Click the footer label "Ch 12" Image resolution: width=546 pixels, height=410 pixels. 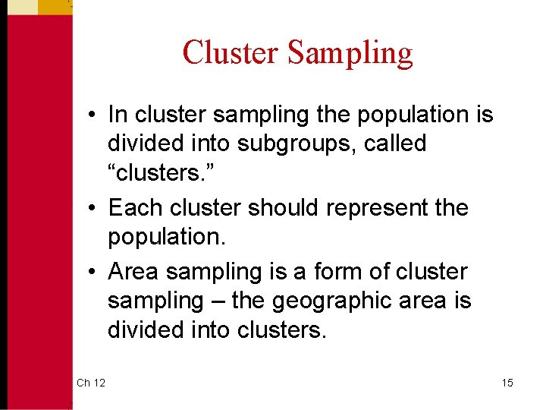(x=91, y=383)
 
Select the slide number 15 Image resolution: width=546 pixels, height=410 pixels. (x=507, y=383)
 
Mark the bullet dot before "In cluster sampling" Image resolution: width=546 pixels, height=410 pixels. (x=91, y=115)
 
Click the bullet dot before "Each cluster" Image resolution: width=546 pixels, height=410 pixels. (x=91, y=208)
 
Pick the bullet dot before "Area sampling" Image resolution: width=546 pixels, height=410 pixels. (x=91, y=272)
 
